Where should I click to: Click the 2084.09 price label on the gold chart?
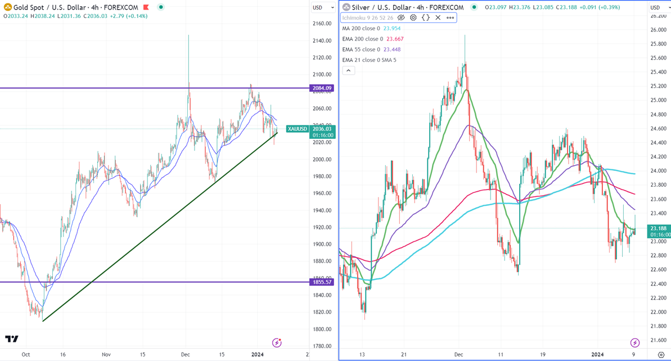pyautogui.click(x=321, y=88)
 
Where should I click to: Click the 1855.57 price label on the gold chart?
pyautogui.click(x=321, y=282)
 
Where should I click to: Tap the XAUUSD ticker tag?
pyautogui.click(x=298, y=129)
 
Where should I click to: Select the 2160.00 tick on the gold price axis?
pyautogui.click(x=322, y=24)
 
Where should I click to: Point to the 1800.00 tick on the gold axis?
pyautogui.click(x=322, y=329)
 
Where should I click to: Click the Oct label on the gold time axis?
pyautogui.click(x=25, y=354)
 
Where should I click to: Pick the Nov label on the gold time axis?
pyautogui.click(x=106, y=354)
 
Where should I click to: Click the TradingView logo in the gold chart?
pyautogui.click(x=12, y=339)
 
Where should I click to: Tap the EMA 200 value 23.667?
pyautogui.click(x=395, y=39)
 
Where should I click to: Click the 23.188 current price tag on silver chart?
pyautogui.click(x=659, y=228)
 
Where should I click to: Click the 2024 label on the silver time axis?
pyautogui.click(x=597, y=355)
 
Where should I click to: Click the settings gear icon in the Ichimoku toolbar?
pyautogui.click(x=413, y=17)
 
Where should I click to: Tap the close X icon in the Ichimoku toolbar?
pyautogui.click(x=438, y=17)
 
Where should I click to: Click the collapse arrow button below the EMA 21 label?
pyautogui.click(x=348, y=70)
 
